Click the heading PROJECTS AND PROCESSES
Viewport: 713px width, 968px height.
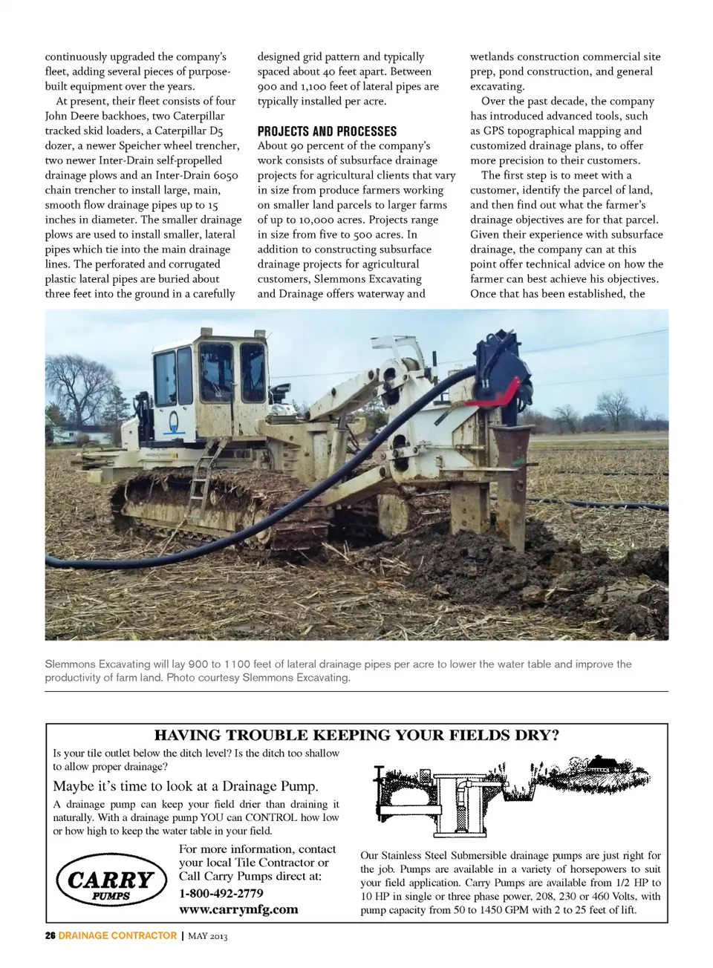(x=327, y=131)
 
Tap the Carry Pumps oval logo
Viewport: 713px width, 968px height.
(x=111, y=881)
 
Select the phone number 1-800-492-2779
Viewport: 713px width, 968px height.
(x=221, y=893)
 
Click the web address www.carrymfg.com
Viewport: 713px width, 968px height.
(x=238, y=909)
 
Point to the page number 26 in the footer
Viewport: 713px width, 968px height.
(x=50, y=935)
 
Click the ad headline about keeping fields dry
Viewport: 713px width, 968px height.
(x=356, y=736)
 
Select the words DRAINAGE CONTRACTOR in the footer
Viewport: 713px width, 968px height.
(x=117, y=935)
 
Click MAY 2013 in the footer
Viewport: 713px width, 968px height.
(x=207, y=936)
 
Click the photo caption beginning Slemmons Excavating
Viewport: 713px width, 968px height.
(x=338, y=670)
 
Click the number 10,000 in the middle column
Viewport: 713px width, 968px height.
(x=310, y=220)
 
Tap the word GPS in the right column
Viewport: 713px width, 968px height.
(x=494, y=131)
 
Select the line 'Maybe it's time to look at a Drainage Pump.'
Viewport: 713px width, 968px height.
(x=186, y=786)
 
